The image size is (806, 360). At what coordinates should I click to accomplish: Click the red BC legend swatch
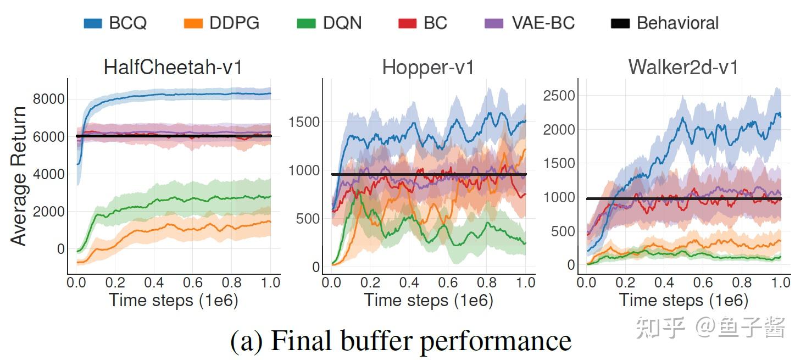pos(407,23)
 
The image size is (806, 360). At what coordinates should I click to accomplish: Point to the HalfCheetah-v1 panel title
pos(173,67)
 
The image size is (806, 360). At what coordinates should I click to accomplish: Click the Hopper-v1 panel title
pos(428,67)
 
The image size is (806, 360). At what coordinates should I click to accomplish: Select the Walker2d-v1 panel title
pos(683,67)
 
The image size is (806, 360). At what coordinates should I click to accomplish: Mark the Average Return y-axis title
pos(19,176)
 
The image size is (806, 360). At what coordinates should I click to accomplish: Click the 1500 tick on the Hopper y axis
pos(304,122)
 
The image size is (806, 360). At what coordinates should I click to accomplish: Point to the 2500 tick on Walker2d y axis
pos(559,96)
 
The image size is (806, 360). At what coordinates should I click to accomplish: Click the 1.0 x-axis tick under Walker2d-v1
pos(780,283)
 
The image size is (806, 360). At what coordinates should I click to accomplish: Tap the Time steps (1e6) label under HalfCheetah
pos(173,300)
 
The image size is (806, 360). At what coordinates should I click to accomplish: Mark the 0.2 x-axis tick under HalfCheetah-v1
pos(115,283)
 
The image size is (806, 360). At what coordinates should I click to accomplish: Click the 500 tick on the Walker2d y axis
pos(563,231)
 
